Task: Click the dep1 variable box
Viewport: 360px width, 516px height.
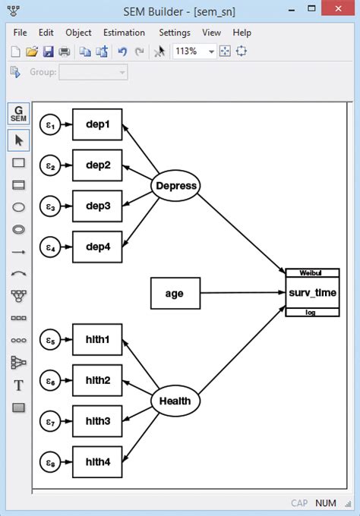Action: tap(97, 124)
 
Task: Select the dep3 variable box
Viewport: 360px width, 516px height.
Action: tap(97, 206)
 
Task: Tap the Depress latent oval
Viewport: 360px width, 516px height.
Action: tap(175, 186)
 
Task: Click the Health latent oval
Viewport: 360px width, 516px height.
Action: tap(175, 401)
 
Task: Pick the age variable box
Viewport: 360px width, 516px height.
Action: tap(175, 293)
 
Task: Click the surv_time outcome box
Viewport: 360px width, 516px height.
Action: tap(312, 293)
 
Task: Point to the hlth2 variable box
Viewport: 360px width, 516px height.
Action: tap(97, 380)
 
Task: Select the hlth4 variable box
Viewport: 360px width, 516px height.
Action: tap(97, 461)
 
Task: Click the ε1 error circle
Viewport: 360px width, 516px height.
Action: tap(49, 125)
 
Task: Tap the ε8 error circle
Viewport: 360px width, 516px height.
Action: tap(49, 461)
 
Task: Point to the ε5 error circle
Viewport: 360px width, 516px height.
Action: tap(49, 340)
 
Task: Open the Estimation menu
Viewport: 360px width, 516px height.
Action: tap(124, 33)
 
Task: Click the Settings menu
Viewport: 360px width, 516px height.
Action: tap(175, 33)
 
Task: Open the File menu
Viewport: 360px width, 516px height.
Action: tap(20, 33)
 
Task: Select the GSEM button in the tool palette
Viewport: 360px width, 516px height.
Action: tap(18, 114)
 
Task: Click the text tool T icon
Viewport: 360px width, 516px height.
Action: tap(18, 385)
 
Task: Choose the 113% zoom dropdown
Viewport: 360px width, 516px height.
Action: tap(194, 52)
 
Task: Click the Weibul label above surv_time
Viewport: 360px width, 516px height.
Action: tap(312, 272)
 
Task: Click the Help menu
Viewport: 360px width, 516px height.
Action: tap(242, 33)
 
